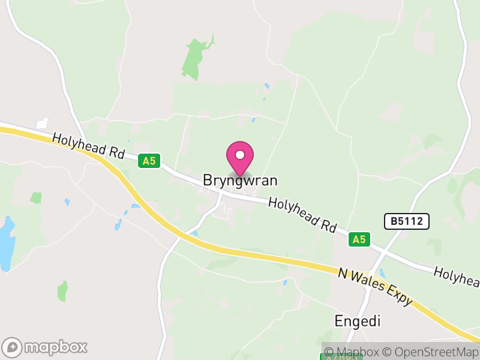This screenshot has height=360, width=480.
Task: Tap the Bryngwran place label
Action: [x=240, y=180]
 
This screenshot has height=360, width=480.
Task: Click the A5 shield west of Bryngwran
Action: [x=149, y=161]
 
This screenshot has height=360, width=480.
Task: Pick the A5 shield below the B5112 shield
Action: [x=359, y=239]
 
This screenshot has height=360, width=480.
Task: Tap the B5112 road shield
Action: [x=407, y=221]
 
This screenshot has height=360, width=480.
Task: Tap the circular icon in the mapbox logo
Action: [x=13, y=347]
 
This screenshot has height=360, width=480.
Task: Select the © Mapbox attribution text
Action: [x=353, y=352]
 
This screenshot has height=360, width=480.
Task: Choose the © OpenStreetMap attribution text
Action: [x=431, y=352]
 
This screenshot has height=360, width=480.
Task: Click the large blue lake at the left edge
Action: [x=6, y=243]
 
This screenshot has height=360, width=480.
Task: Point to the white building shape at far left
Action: [x=41, y=123]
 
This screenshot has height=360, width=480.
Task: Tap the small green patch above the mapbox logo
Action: [x=62, y=291]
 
